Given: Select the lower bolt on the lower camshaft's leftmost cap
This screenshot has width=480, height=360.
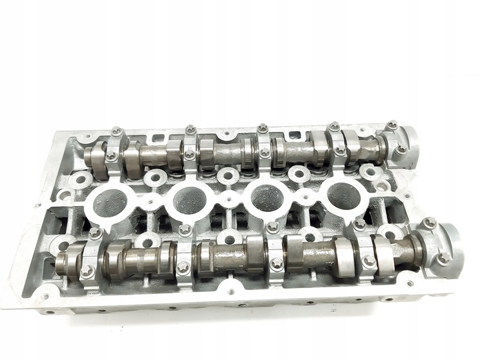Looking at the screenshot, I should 85,271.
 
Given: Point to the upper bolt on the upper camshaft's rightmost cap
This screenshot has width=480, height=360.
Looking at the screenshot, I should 392,124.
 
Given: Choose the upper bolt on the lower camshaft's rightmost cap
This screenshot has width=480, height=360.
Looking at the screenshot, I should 429,222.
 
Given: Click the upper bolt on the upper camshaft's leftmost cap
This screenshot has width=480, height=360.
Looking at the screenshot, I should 116,131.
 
